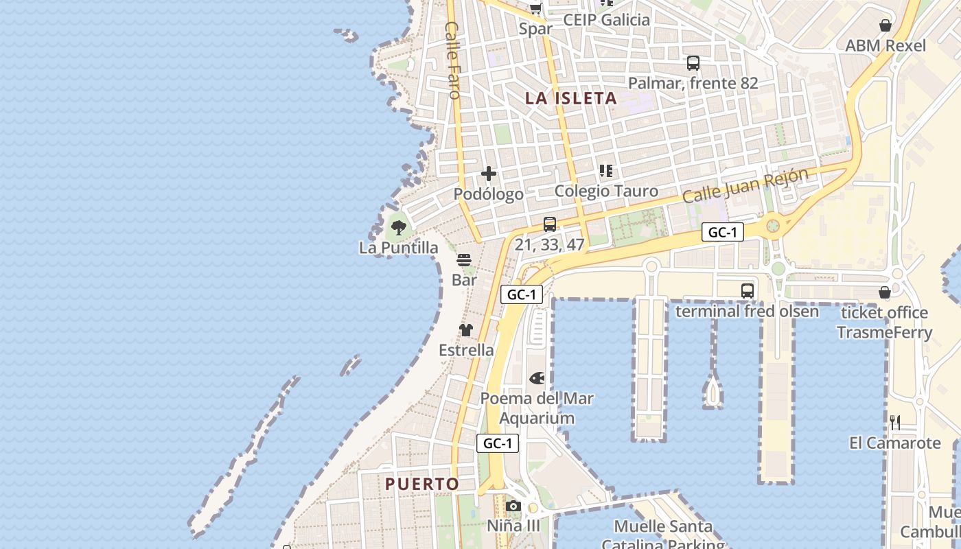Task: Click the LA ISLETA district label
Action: click(x=571, y=98)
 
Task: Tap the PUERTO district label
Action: click(x=422, y=484)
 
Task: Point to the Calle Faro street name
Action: click(x=452, y=60)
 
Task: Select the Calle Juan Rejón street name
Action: click(x=745, y=185)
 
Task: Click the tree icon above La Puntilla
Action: click(x=398, y=227)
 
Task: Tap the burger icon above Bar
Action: click(x=464, y=260)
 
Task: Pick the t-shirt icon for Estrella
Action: click(x=466, y=330)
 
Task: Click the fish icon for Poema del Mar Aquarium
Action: click(x=537, y=378)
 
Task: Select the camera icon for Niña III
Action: click(x=513, y=506)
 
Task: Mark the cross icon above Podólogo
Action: click(x=489, y=174)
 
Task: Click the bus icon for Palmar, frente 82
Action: click(x=693, y=63)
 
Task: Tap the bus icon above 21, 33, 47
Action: click(x=549, y=224)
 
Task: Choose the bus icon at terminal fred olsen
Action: click(x=748, y=291)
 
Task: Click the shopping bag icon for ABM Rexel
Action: click(x=885, y=26)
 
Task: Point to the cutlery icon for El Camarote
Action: click(x=895, y=422)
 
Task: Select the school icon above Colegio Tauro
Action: click(x=606, y=170)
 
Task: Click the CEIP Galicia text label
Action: click(x=606, y=20)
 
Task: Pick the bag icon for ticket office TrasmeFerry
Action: click(x=885, y=293)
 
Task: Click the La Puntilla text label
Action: click(x=398, y=248)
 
